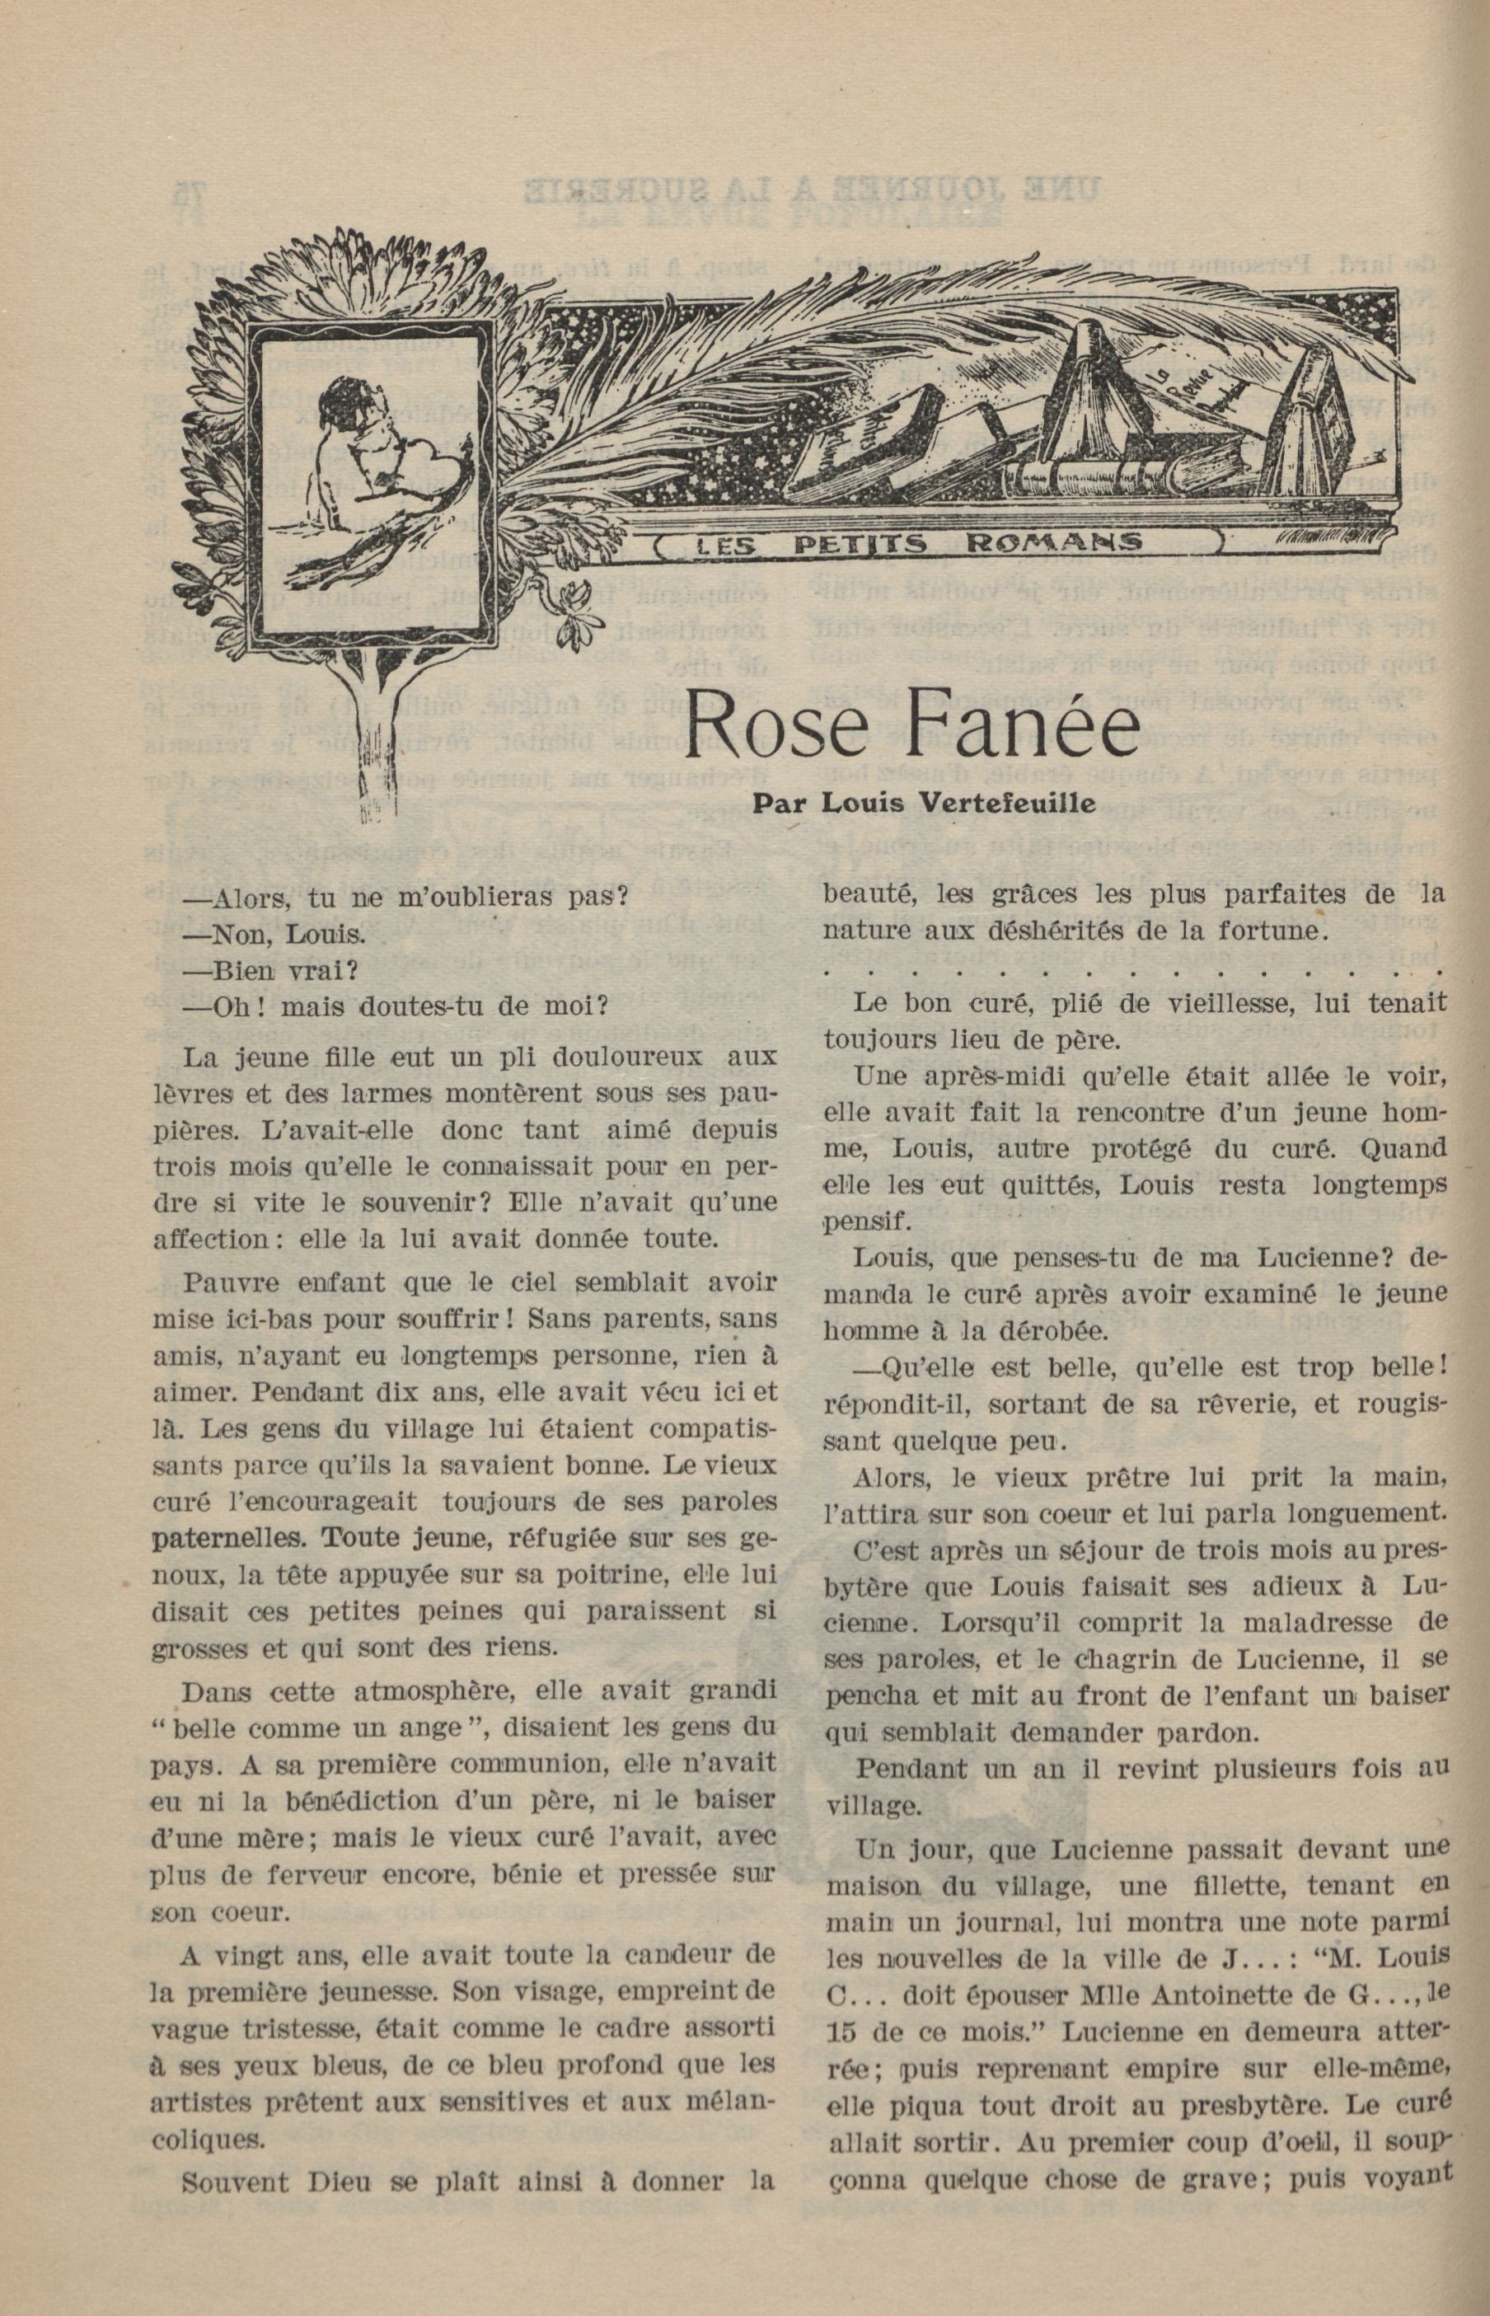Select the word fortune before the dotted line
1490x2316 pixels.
[1268, 931]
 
